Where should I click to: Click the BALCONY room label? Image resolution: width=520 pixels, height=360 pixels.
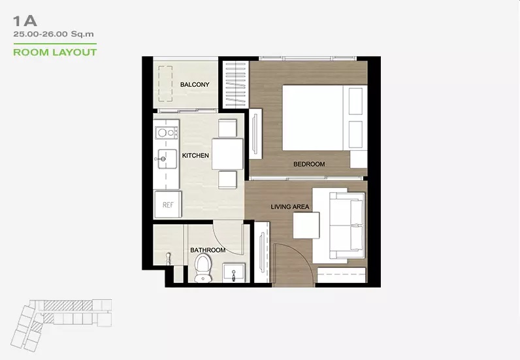coord(195,84)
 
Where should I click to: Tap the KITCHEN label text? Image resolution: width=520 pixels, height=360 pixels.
coord(195,155)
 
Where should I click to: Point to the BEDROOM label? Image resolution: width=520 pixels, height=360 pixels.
coord(309,164)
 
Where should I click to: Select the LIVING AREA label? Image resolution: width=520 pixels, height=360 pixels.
coord(290,206)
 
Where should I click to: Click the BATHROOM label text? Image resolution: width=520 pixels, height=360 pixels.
coord(208,250)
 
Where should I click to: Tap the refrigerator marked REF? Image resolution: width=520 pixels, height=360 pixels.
coord(168,205)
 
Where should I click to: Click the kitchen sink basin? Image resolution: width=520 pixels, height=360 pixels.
coord(167,159)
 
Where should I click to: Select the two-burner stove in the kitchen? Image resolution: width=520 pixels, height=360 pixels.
coord(167,133)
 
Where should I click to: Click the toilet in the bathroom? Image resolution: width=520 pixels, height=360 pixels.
coord(203,268)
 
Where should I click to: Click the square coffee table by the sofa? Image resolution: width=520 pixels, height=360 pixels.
coord(306,225)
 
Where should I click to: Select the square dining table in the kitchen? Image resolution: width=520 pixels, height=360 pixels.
coord(227,154)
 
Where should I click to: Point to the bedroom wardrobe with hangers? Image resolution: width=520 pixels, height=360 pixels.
coord(236,84)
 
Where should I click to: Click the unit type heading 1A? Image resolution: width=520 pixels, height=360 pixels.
coord(25,22)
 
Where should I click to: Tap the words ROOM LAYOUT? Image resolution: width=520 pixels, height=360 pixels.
coord(55,52)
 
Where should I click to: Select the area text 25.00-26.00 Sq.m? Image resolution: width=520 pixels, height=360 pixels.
coord(54,34)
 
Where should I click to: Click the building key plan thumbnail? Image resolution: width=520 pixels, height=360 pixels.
coord(61,325)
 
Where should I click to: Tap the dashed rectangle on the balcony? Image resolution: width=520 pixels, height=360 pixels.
coord(165,84)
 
